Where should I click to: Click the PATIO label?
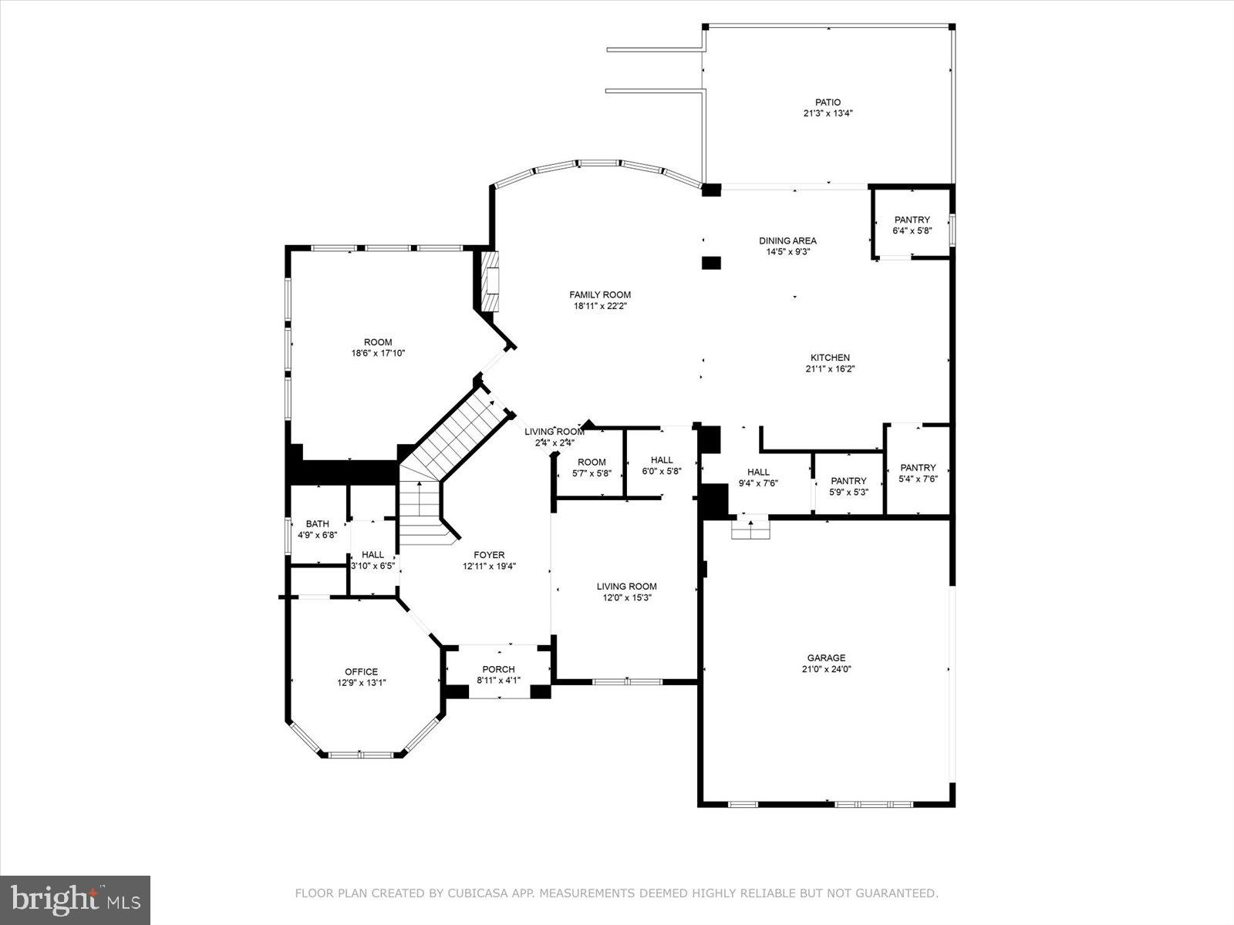[828, 102]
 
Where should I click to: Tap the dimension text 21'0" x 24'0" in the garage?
[826, 669]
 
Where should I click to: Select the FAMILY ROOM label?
[600, 294]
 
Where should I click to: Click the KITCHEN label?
[830, 358]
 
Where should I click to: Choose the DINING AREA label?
[787, 240]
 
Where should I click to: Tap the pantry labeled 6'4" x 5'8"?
[912, 225]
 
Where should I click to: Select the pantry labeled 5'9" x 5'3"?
[848, 486]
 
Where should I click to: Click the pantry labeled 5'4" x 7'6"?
[918, 473]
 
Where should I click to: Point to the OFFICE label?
[361, 671]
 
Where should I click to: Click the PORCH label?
[498, 669]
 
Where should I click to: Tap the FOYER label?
[489, 555]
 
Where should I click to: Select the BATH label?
[317, 524]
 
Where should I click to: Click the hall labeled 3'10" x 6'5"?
[373, 560]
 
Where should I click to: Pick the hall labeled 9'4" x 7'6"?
[758, 478]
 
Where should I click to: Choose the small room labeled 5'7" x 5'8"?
[592, 468]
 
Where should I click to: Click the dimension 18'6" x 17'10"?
[378, 353]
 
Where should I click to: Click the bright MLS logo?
[76, 900]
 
